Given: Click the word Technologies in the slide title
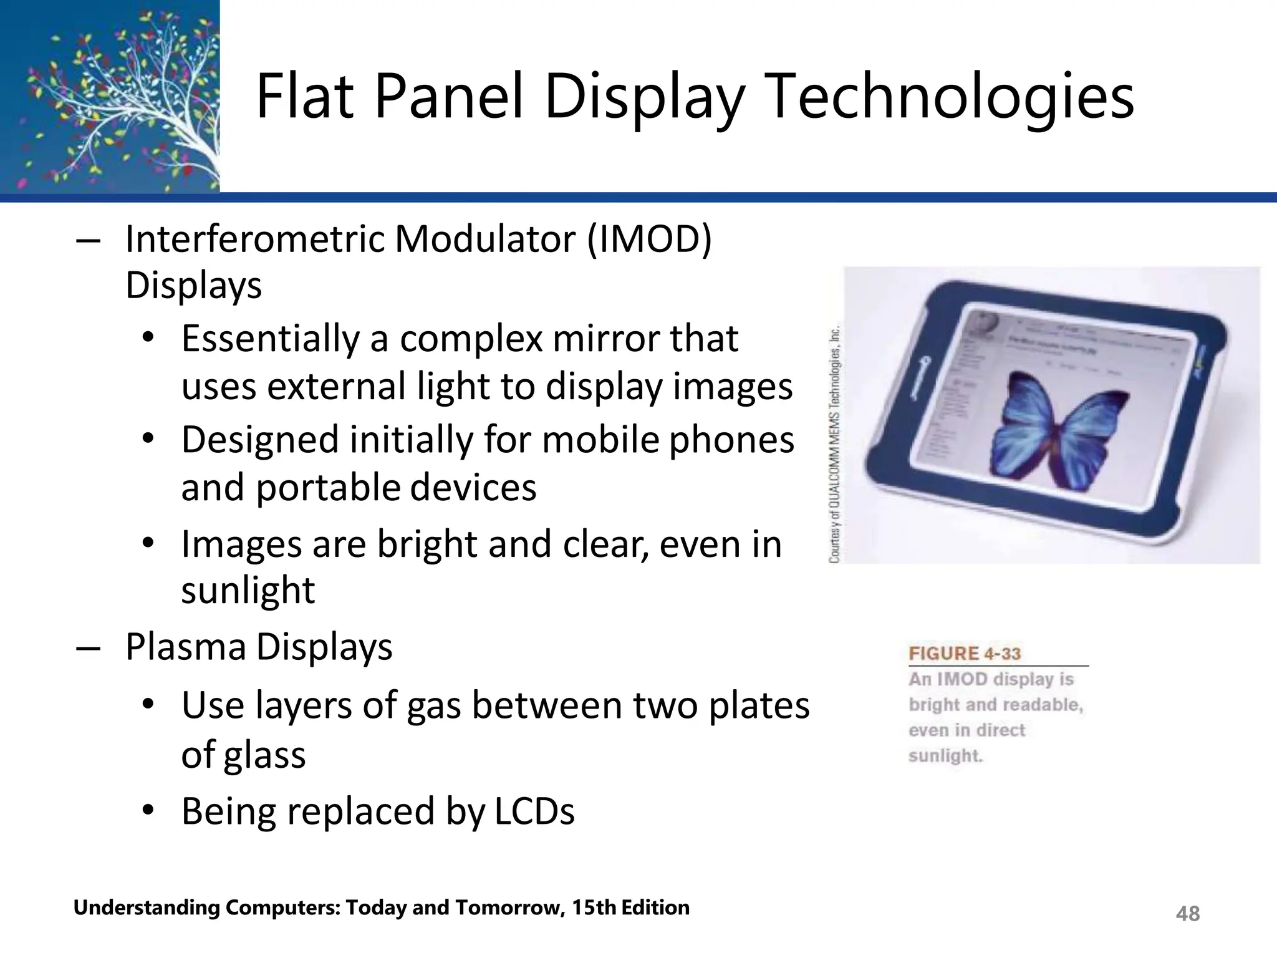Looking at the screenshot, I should [948, 97].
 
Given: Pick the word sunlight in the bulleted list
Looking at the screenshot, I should [248, 590].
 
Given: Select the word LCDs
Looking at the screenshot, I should [534, 811].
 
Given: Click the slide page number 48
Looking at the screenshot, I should [1187, 914].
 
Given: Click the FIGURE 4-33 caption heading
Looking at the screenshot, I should [965, 654].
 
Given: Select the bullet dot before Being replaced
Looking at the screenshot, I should [148, 811].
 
